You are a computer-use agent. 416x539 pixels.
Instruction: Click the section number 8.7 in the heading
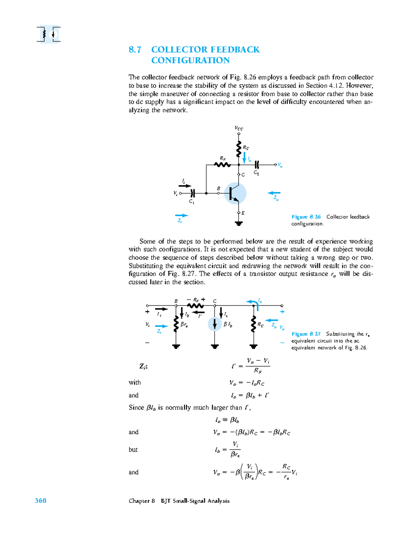[x=135, y=50]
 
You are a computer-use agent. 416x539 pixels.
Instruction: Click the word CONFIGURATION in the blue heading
[x=190, y=60]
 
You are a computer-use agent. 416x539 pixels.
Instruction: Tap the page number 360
[x=41, y=500]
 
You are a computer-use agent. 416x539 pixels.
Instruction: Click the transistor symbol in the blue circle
[x=235, y=193]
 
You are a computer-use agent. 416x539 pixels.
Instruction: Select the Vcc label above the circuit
[x=239, y=128]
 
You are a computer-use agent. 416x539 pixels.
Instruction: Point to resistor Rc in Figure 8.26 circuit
[x=239, y=149]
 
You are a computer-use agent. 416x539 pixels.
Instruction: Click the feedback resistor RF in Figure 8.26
[x=222, y=165]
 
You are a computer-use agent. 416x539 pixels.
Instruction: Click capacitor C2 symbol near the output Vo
[x=257, y=165]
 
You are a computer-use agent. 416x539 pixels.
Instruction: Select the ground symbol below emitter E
[x=239, y=224]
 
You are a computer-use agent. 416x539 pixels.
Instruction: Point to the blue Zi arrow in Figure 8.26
[x=181, y=216]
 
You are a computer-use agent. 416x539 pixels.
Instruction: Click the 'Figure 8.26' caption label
[x=306, y=217]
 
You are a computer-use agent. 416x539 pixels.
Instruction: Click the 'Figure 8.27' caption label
[x=306, y=334]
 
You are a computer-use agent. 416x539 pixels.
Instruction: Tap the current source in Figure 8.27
[x=215, y=324]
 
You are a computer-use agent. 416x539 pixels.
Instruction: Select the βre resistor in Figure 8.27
[x=176, y=324]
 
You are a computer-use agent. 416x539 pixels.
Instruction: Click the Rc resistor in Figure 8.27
[x=253, y=324]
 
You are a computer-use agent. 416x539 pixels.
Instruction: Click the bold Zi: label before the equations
[x=144, y=366]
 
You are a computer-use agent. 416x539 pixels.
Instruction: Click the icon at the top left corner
[x=49, y=34]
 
